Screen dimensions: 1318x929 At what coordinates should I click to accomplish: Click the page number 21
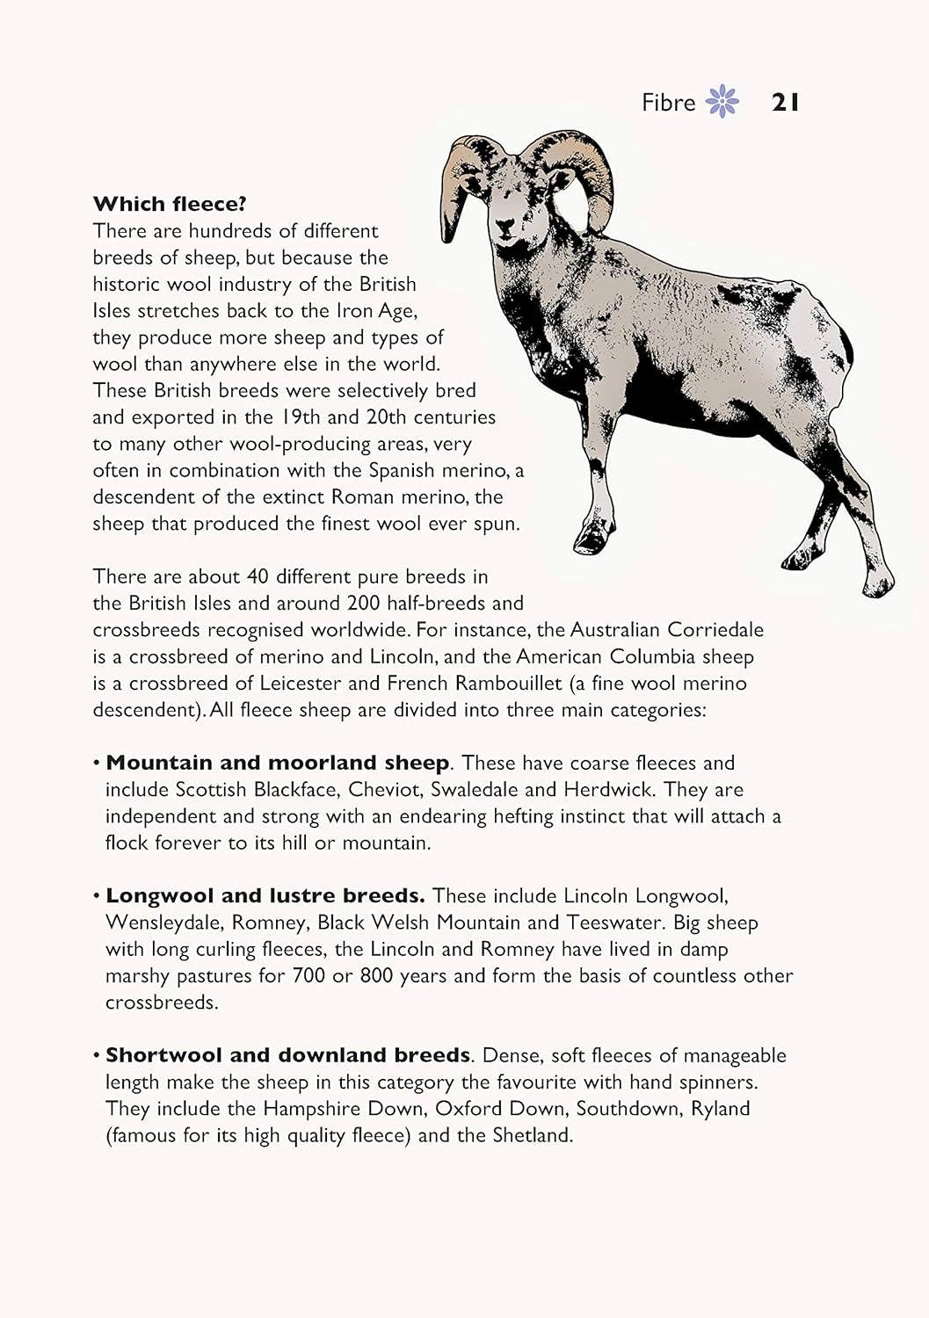[x=785, y=103]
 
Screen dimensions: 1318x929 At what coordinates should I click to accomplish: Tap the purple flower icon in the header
[x=723, y=102]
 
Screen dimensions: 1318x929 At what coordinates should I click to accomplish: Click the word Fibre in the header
[x=668, y=103]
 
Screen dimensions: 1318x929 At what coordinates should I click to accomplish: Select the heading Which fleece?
[x=170, y=204]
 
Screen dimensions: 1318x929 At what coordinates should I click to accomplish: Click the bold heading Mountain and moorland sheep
[x=277, y=763]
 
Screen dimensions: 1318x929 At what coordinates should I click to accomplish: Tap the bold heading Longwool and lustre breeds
[x=265, y=895]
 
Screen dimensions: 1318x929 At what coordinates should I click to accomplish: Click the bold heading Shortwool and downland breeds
[x=287, y=1055]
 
